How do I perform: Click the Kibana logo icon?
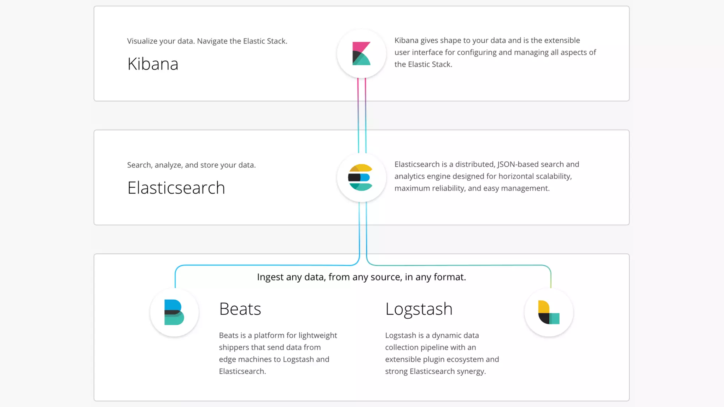point(361,54)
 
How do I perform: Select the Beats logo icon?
point(174,312)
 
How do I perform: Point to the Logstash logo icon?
point(549,312)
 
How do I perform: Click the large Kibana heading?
point(153,64)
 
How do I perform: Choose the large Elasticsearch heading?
point(176,188)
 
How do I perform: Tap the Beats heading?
point(240,309)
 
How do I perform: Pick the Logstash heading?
point(419,309)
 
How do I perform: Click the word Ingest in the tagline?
point(270,277)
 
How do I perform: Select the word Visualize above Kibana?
point(142,41)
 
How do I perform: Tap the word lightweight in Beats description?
point(317,335)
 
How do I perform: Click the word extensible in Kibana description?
point(562,40)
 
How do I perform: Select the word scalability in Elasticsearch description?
point(554,176)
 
